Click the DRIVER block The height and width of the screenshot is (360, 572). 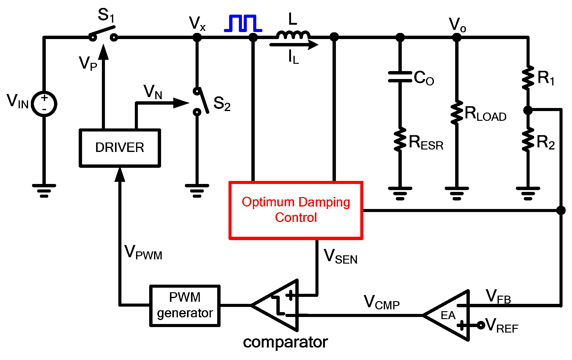120,148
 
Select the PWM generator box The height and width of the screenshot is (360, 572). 185,305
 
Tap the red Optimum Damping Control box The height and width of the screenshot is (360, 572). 296,210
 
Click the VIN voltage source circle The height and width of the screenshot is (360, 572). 45,104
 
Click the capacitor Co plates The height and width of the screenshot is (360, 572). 400,77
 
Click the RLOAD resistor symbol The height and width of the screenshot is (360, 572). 457,113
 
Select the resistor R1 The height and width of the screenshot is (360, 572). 528,78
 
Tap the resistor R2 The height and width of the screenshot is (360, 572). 528,140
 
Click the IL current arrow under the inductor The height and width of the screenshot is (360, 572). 294,45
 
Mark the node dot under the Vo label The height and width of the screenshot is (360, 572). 457,38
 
